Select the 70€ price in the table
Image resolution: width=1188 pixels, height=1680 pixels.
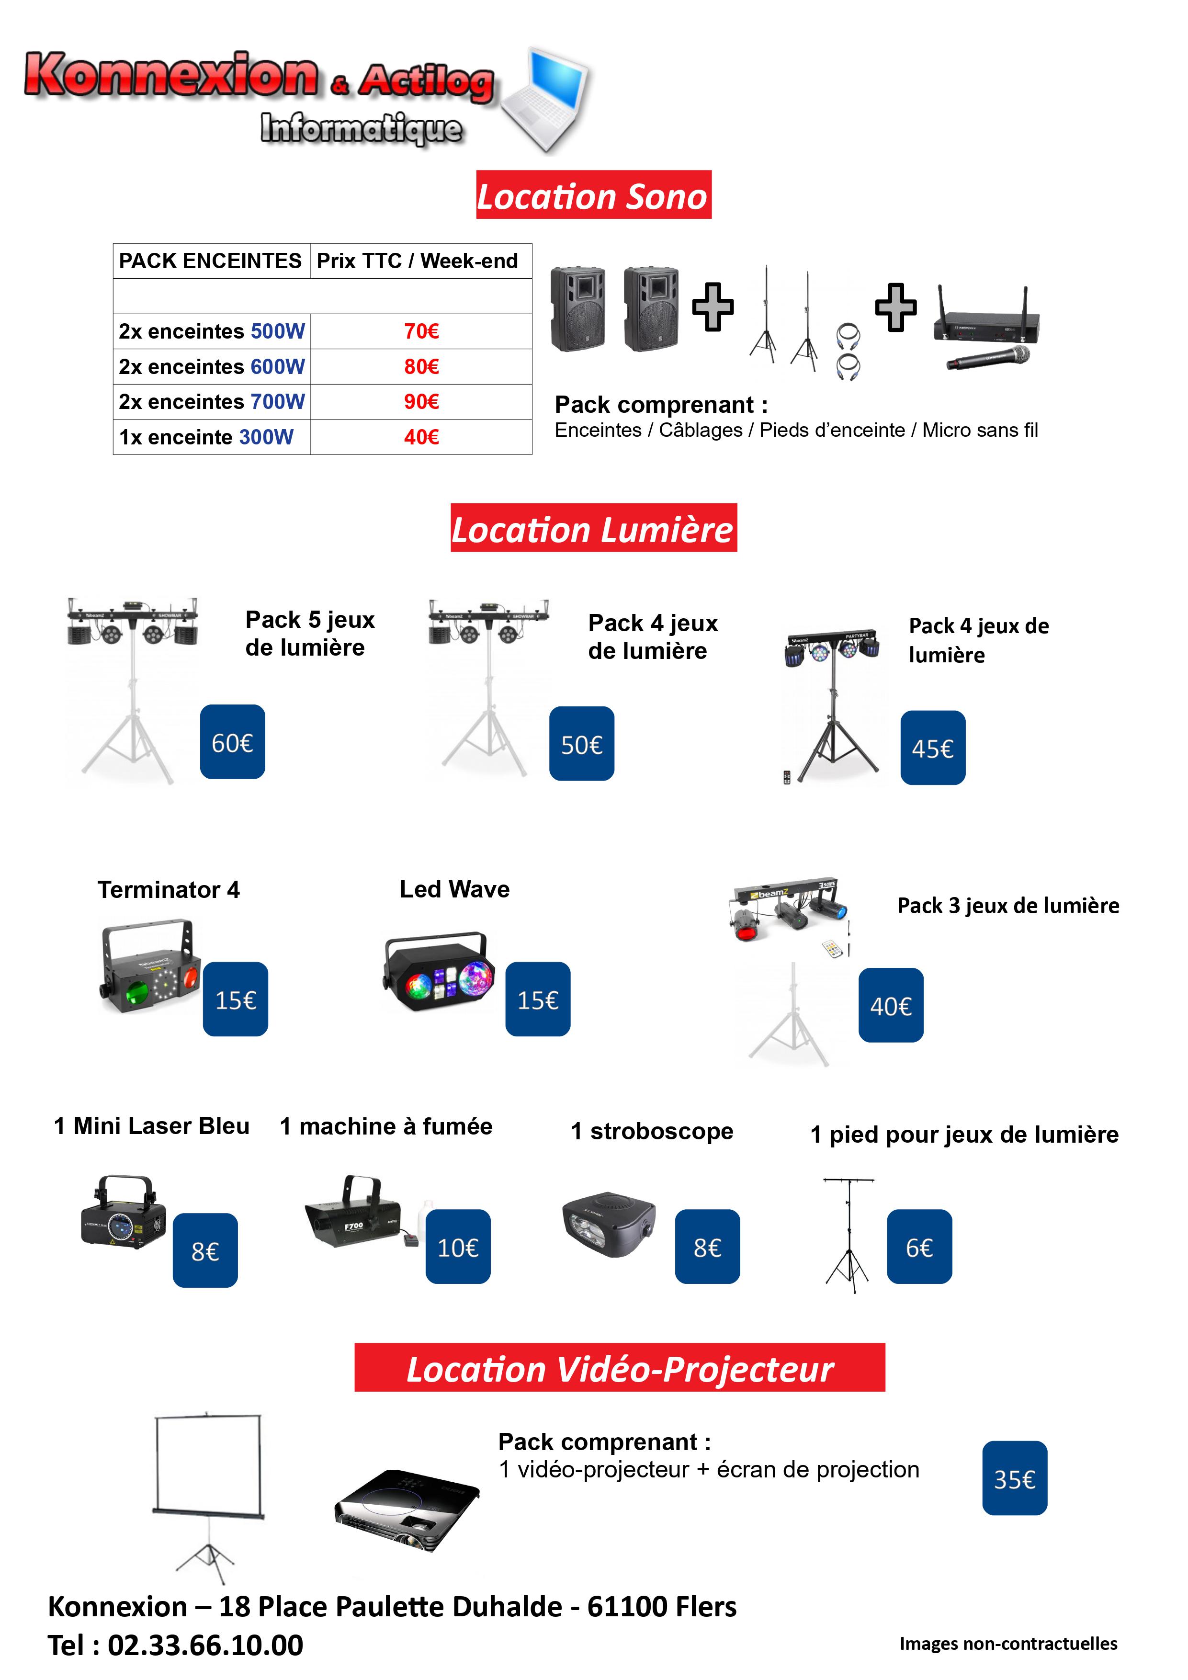point(421,331)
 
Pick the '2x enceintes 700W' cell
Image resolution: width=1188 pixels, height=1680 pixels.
point(212,402)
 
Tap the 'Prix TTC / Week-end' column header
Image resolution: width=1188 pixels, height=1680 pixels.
point(417,261)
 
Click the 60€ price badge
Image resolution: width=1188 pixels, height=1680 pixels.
point(233,742)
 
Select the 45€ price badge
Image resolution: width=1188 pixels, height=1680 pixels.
point(933,748)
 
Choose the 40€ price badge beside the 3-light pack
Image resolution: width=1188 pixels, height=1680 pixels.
point(891,1005)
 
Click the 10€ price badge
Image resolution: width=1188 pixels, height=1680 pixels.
point(458,1247)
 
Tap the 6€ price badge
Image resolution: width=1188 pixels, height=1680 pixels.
point(919,1247)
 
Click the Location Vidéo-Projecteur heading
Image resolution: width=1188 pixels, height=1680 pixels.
point(620,1368)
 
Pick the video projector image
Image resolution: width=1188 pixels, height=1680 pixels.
point(407,1510)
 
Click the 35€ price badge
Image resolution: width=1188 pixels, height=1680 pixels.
point(1015,1478)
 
